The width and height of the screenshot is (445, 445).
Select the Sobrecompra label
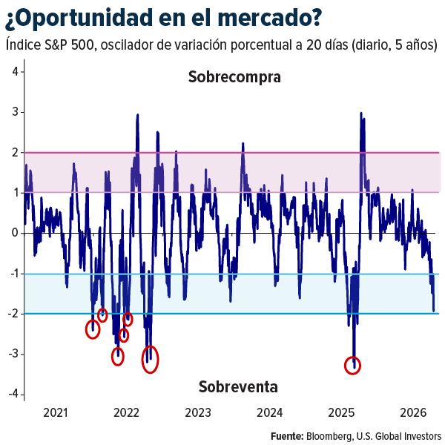(234, 76)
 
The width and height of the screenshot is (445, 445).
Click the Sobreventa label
(238, 386)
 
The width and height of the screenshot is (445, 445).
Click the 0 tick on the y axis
(15, 233)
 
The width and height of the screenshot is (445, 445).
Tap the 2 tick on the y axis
(15, 152)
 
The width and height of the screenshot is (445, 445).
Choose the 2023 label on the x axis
(197, 413)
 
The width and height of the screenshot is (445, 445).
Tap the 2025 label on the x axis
(342, 413)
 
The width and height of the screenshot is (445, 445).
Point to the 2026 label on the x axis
(412, 413)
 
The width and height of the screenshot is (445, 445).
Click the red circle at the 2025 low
(353, 365)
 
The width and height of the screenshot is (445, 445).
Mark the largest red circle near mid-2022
(151, 359)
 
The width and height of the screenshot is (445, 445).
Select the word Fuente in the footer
(286, 435)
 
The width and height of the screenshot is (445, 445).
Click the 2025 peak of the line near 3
(360, 113)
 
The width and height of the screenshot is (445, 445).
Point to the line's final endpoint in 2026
(434, 311)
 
